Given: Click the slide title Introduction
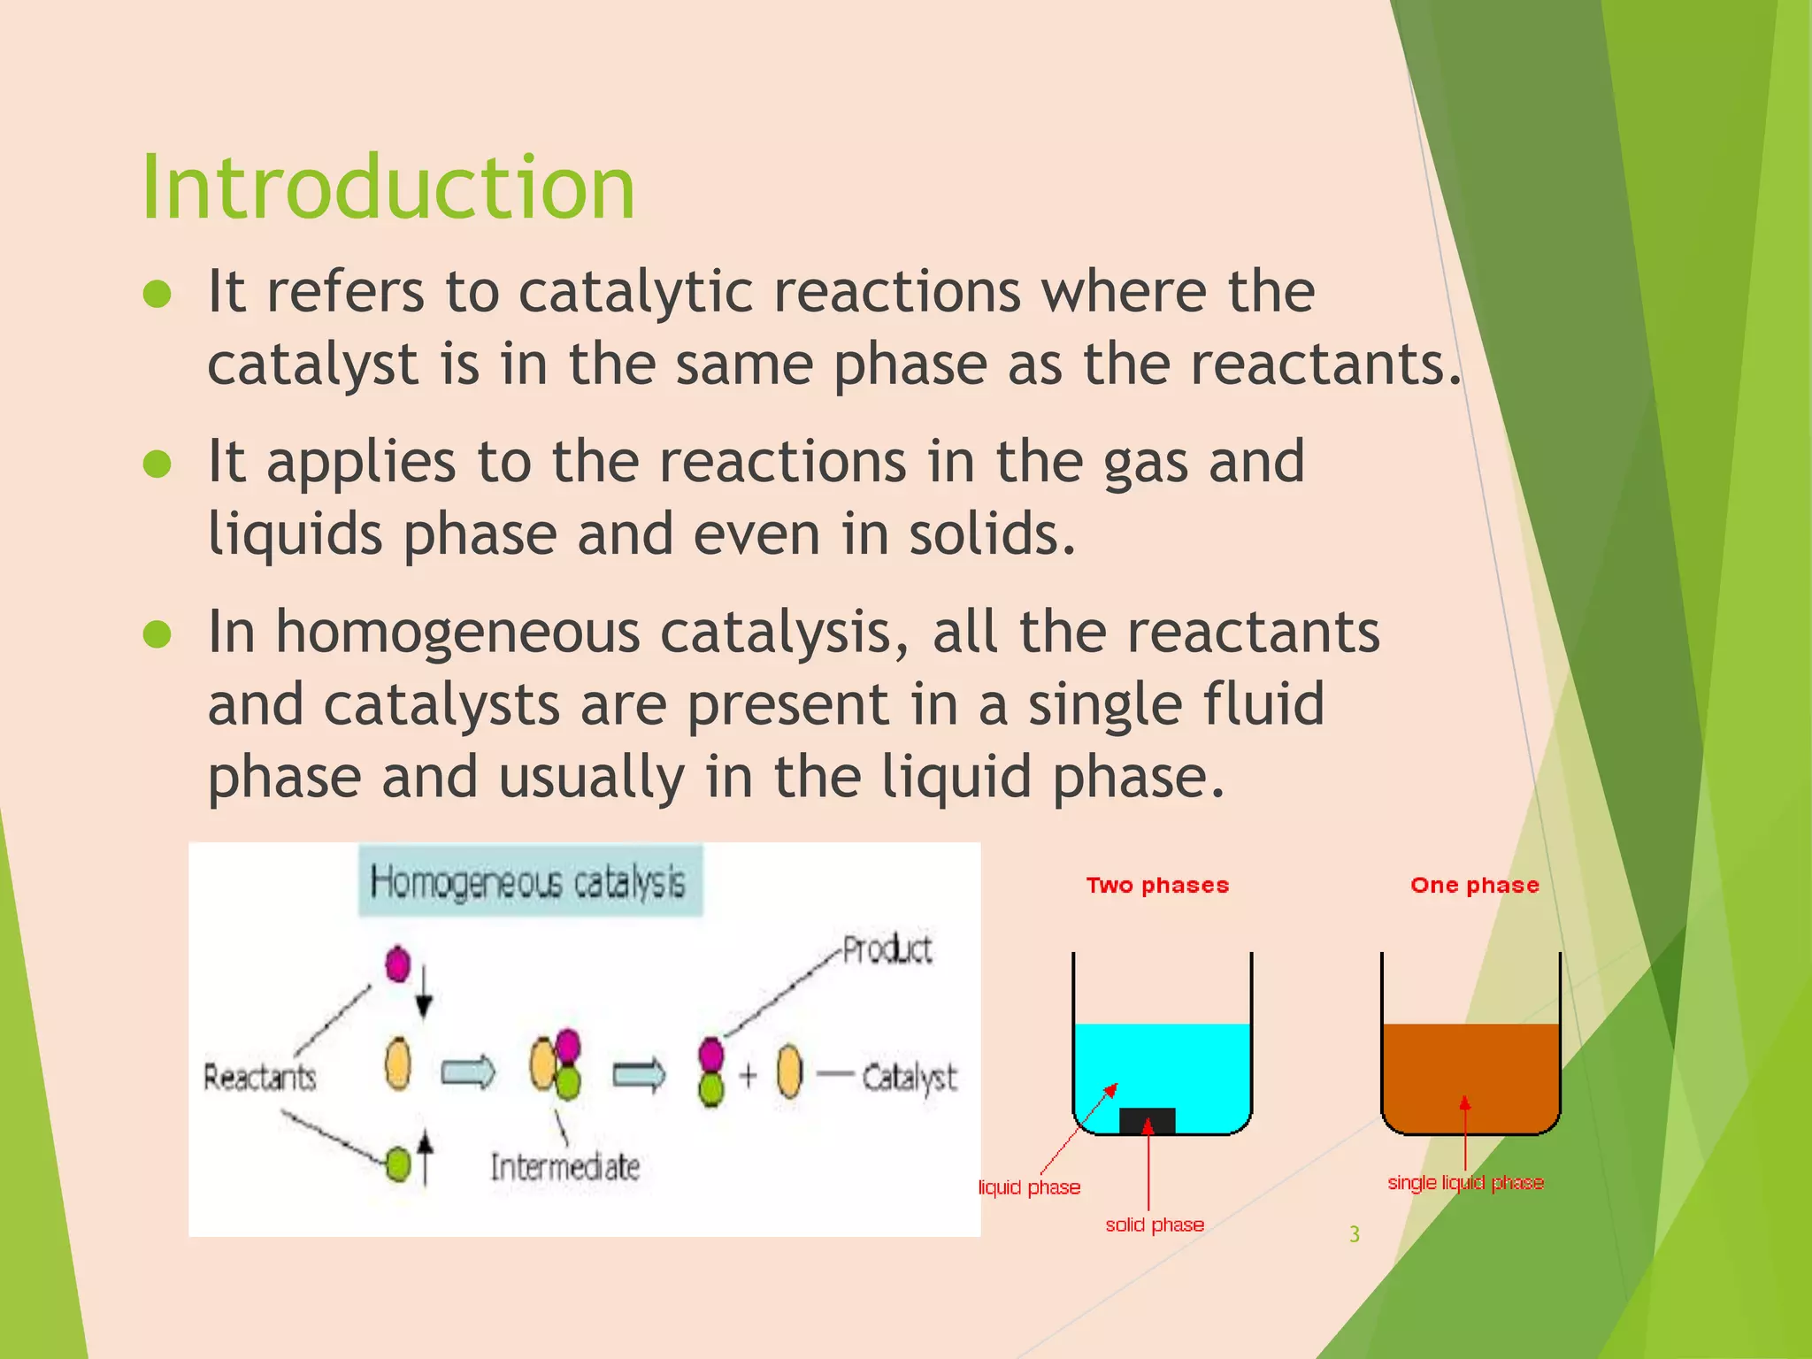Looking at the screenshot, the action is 388,187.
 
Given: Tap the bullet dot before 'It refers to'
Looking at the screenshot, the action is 157,294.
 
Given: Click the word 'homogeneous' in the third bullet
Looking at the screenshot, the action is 457,633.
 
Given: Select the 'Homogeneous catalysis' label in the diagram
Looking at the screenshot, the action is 528,882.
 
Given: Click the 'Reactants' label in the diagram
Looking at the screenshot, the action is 259,1077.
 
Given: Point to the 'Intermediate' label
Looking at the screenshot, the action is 565,1167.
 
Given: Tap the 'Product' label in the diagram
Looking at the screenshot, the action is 887,949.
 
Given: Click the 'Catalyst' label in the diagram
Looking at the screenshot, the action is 909,1077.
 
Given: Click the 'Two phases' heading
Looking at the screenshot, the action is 1157,886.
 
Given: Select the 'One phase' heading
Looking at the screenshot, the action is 1474,886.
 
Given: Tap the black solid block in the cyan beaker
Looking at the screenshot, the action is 1147,1120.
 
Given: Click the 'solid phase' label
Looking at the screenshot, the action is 1155,1225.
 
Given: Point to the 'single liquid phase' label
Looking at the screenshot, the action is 1465,1183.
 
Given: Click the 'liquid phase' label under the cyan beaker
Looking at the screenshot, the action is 1030,1187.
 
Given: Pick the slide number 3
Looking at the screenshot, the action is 1354,1234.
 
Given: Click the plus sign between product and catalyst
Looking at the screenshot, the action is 749,1075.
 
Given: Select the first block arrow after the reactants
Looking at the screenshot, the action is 468,1073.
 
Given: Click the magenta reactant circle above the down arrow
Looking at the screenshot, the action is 398,964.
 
